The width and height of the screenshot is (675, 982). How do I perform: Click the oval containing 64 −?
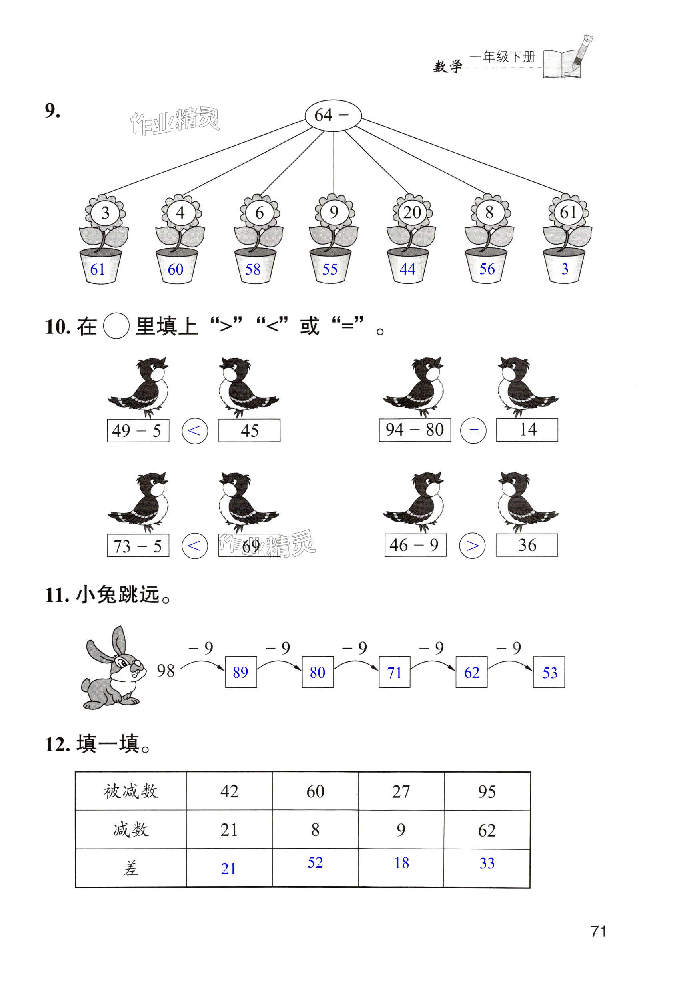pyautogui.click(x=333, y=116)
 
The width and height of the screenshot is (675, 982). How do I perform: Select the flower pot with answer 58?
pyautogui.click(x=255, y=266)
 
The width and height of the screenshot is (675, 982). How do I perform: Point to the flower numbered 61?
pyautogui.click(x=567, y=212)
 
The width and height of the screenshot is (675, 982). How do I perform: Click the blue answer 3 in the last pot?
pyautogui.click(x=565, y=269)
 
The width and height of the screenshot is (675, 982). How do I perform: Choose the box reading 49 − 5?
pyautogui.click(x=138, y=431)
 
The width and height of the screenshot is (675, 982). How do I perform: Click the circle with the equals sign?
pyautogui.click(x=473, y=431)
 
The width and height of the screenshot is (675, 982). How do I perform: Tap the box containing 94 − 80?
pyautogui.click(x=415, y=430)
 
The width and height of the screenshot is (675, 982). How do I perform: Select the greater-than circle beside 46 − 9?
pyautogui.click(x=472, y=545)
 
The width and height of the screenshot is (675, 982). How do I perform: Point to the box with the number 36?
pyautogui.click(x=527, y=545)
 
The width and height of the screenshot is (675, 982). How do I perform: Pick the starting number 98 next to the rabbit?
pyautogui.click(x=166, y=671)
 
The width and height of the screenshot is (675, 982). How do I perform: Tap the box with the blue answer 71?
pyautogui.click(x=395, y=672)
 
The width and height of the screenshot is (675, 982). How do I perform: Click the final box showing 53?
pyautogui.click(x=549, y=672)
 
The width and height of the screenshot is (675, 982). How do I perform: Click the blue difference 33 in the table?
pyautogui.click(x=487, y=863)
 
